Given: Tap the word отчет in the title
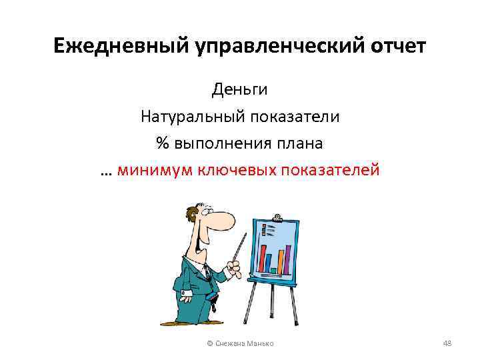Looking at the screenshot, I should click(398, 47).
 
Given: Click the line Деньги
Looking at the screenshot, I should click(240, 89).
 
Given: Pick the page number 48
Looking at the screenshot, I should click(447, 343).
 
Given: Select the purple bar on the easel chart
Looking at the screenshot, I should click(281, 260).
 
